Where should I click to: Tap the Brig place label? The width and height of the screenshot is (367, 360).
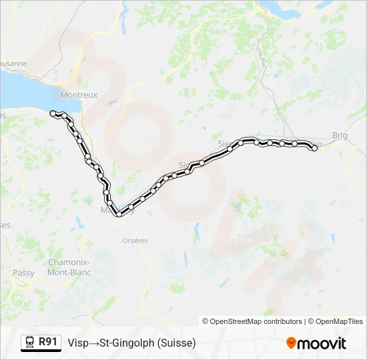pos(340,135)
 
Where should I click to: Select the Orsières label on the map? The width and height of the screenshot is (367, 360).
pos(135,240)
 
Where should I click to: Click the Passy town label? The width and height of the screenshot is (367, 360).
pos(23,273)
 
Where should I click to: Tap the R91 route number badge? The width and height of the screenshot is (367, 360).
pos(47,342)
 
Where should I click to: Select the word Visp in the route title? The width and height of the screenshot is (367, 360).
pos(77,343)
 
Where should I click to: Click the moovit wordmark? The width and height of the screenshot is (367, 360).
pos(322,343)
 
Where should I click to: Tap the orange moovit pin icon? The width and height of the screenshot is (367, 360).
pos(291,343)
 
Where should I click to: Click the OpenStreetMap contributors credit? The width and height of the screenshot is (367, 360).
pos(252,321)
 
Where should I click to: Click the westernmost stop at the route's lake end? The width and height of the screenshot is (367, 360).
pos(53,113)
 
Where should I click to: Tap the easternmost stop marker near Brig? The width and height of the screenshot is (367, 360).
pos(314,149)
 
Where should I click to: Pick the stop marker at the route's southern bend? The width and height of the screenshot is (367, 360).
pos(119,214)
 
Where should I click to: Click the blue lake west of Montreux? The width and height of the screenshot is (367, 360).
pos(27,90)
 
